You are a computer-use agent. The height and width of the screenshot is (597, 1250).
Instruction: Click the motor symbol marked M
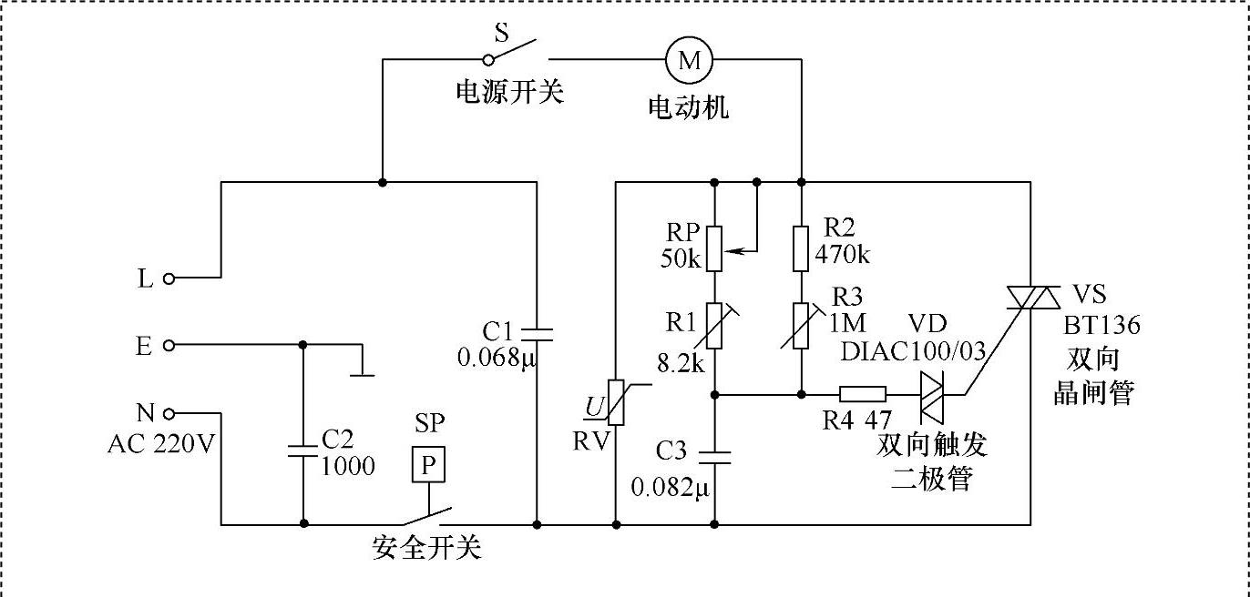pos(689,60)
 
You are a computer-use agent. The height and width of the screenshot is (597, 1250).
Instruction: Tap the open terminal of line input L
pos(169,278)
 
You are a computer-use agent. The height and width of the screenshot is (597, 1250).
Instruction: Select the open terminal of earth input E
pos(169,346)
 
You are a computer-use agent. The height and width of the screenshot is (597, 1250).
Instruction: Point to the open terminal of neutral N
pos(169,413)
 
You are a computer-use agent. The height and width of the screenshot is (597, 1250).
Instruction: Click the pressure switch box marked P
pos(428,464)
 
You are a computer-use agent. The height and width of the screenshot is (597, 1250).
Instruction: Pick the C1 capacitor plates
pos(537,335)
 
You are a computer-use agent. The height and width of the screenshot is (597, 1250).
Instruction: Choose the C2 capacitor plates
pos(303,451)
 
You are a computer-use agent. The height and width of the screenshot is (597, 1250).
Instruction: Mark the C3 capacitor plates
pos(714,458)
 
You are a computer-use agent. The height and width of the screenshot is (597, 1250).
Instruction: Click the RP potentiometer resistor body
pos(714,248)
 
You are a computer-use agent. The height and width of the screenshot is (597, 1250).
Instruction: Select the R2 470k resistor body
pos(801,248)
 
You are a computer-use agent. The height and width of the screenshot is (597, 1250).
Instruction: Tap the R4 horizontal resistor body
pos(863,394)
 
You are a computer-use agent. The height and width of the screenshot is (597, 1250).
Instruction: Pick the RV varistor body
pos(616,402)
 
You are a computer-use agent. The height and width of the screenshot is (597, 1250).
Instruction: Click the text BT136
pos(1101,326)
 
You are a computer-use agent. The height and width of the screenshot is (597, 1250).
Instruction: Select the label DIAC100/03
pos(913,351)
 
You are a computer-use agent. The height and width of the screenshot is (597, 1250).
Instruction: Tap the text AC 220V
pos(161,444)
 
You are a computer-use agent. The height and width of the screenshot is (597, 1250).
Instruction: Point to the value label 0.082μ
pos(670,487)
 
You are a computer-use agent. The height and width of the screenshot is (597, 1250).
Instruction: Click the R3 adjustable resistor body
pos(801,326)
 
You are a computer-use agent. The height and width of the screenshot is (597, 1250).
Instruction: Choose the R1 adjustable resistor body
pos(714,326)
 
